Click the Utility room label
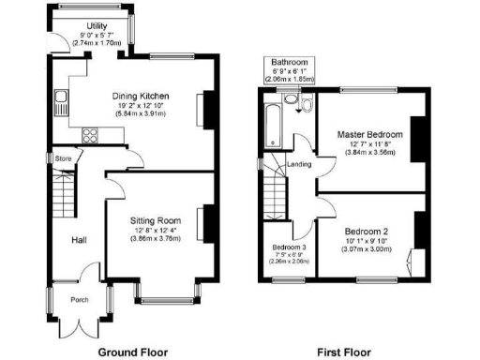pyautogui.click(x=97, y=25)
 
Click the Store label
pyautogui.click(x=63, y=158)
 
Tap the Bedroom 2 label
pyautogui.click(x=366, y=231)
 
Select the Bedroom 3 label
pyautogui.click(x=289, y=247)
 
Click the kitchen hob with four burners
pyautogui.click(x=92, y=134)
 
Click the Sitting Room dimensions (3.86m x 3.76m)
pyautogui.click(x=154, y=239)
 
